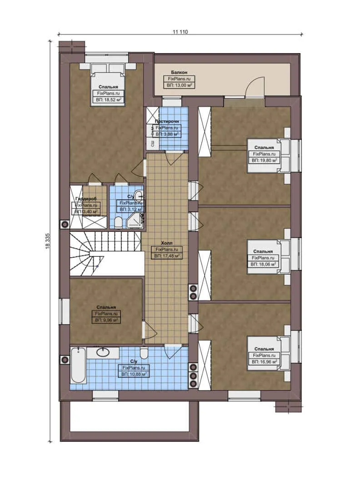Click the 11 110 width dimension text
[180, 32]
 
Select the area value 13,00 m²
[179, 85]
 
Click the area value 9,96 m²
[106, 320]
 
